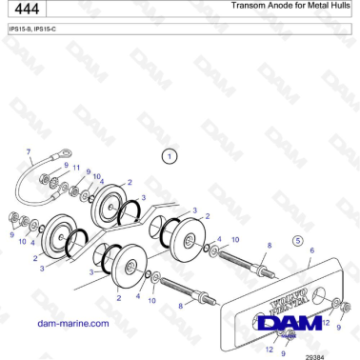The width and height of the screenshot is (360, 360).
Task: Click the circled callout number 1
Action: click(x=169, y=155)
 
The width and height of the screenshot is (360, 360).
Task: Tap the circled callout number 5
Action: click(x=297, y=240)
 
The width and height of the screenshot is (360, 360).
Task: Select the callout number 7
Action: click(x=29, y=151)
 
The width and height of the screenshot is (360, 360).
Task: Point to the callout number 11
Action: click(x=77, y=167)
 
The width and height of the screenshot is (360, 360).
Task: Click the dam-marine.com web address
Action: click(x=72, y=324)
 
